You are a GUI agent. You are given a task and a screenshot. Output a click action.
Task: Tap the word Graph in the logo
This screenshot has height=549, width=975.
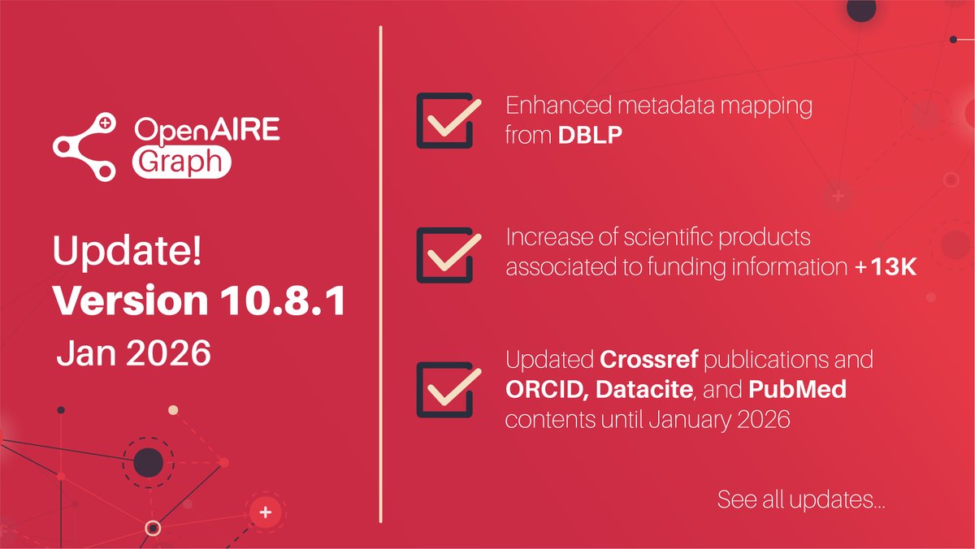[x=180, y=162]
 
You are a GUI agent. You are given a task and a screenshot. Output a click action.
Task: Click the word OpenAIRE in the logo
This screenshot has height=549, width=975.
[x=206, y=131]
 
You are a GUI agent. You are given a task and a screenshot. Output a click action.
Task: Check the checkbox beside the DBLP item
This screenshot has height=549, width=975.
[x=444, y=120]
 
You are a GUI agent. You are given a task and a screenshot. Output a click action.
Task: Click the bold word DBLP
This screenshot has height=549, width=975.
[x=591, y=136]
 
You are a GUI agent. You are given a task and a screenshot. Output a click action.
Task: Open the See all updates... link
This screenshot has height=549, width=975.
[x=801, y=499]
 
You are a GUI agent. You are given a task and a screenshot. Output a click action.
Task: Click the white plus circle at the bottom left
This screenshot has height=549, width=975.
[x=263, y=512]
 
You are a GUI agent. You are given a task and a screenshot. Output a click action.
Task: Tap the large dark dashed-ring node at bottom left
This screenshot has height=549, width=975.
[x=148, y=464]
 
